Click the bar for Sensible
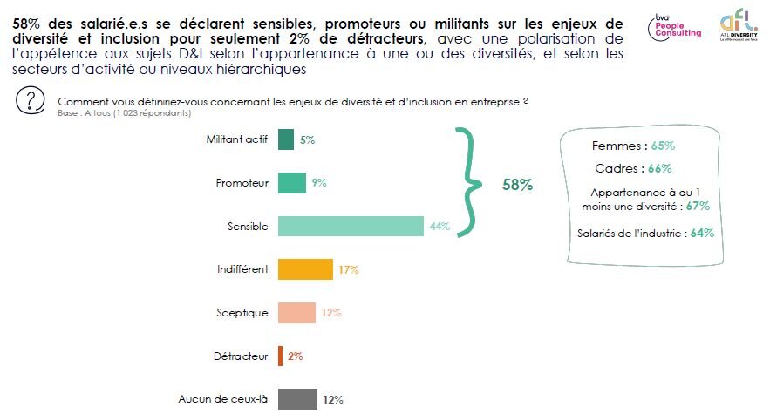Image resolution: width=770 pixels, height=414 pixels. pyautogui.click(x=351, y=226)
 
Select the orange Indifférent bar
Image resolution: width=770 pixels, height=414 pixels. pyautogui.click(x=305, y=269)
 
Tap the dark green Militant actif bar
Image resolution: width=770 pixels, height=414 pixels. pyautogui.click(x=285, y=139)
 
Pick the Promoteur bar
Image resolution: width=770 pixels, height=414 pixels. pyautogui.click(x=291, y=183)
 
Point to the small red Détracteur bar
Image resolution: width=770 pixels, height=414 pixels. pyautogui.click(x=280, y=356)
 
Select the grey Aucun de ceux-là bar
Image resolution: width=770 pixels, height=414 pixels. pyautogui.click(x=296, y=399)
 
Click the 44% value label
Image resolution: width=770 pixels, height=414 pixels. pyautogui.click(x=439, y=227)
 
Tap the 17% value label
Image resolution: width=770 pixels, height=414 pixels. pyautogui.click(x=348, y=270)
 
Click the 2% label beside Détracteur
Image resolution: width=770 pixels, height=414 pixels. pyautogui.click(x=294, y=356)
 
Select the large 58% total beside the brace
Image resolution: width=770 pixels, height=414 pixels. pyautogui.click(x=517, y=186)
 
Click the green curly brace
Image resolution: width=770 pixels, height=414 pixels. pyautogui.click(x=471, y=182)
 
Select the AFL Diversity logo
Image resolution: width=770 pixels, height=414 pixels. pyautogui.click(x=736, y=26)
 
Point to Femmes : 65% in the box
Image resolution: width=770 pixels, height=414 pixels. pyautogui.click(x=633, y=146)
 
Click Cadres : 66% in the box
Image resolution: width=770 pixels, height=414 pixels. pyautogui.click(x=633, y=168)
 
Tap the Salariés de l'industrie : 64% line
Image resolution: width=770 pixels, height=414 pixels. pyautogui.click(x=645, y=233)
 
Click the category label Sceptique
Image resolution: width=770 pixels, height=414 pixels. pyautogui.click(x=242, y=313)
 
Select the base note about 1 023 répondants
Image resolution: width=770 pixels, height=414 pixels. pyautogui.click(x=123, y=113)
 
